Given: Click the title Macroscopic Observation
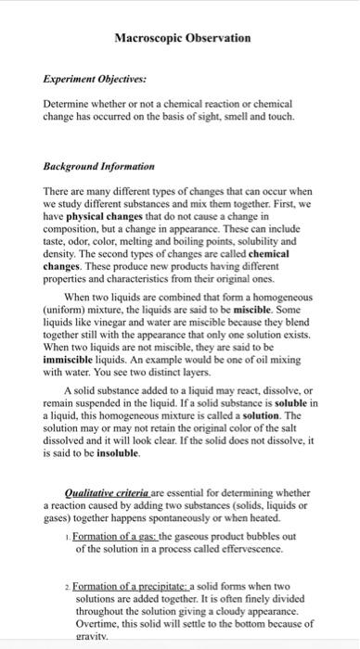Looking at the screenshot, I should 182,38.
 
